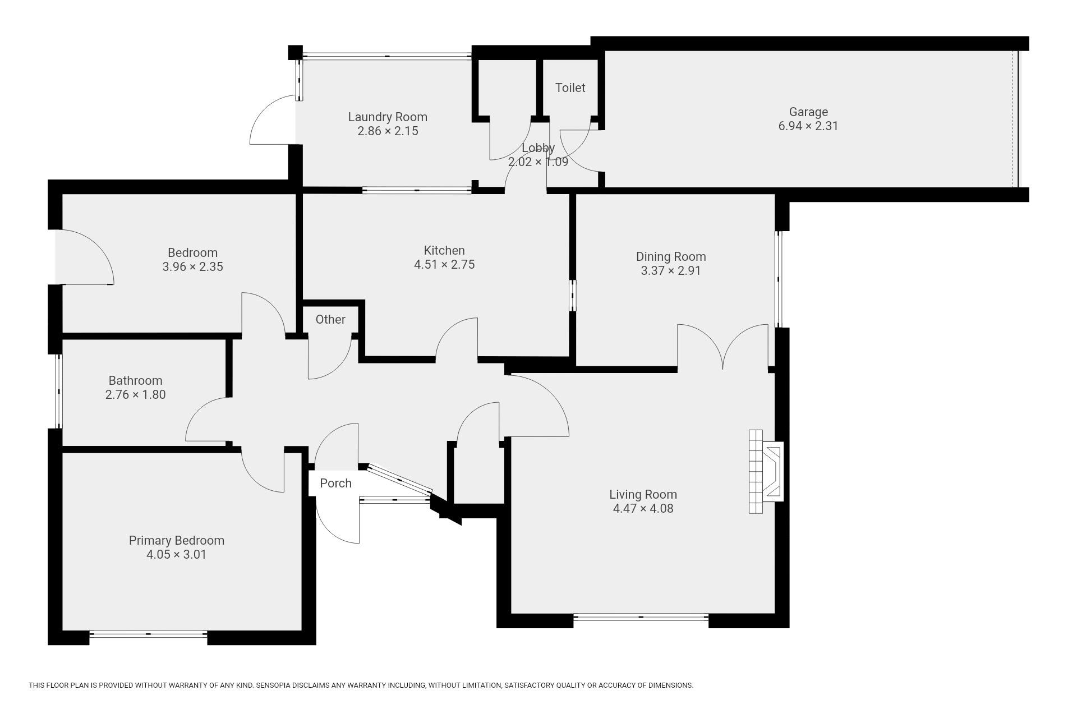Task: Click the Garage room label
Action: [x=808, y=112]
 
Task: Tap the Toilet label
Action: [x=570, y=88]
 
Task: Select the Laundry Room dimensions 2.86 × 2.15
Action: [x=388, y=131]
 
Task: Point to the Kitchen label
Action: [x=444, y=250]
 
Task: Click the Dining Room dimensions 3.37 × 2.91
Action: [x=671, y=270]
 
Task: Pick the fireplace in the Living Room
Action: [x=766, y=471]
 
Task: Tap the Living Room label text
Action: [x=643, y=494]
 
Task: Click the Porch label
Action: [x=335, y=483]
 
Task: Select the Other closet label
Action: [x=330, y=319]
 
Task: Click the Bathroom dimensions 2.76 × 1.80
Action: [x=136, y=394]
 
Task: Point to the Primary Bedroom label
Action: [x=177, y=540]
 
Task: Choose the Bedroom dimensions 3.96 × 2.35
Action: [x=193, y=266]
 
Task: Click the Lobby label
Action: [x=538, y=148]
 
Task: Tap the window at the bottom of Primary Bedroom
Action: [x=149, y=634]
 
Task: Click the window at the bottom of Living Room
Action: [x=641, y=618]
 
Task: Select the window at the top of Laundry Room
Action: [x=387, y=56]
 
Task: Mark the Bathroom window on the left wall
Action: [x=58, y=391]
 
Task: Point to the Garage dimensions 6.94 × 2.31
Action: [x=808, y=126]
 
